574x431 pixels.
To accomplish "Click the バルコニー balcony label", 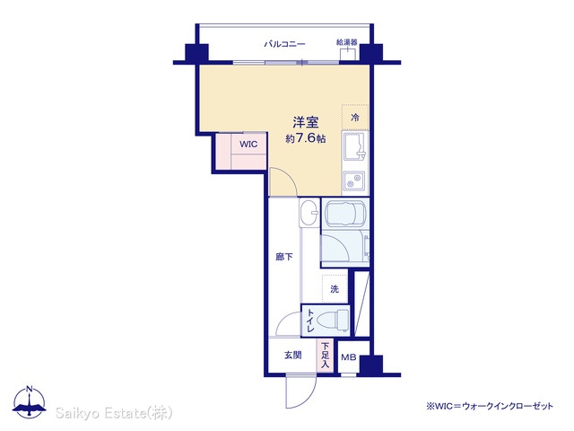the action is (284, 44).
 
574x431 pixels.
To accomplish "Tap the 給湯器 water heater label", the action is (346, 42).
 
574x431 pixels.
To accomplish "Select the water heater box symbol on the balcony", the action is (347, 54).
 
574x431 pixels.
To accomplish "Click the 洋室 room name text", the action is (305, 122).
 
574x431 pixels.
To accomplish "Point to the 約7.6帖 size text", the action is (305, 138).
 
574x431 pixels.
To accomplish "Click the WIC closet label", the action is (248, 144).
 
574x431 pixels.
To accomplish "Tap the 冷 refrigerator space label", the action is (355, 118).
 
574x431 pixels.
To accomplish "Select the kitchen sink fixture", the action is (354, 146).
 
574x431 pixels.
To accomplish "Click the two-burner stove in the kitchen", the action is (353, 181).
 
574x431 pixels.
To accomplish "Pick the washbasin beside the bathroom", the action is (309, 213).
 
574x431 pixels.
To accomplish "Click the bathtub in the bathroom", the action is (344, 214).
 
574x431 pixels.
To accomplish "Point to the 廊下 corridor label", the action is (284, 257).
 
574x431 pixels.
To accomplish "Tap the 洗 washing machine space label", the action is (335, 289).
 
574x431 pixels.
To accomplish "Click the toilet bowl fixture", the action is (334, 320).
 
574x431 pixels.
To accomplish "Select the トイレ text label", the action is (309, 321).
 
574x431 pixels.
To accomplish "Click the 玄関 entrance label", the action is (293, 355).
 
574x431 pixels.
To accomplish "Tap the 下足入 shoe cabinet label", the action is (325, 355).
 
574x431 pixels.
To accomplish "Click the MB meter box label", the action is (349, 357).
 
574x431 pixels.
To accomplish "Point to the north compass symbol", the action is (30, 402).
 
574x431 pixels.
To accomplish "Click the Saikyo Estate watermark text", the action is (114, 413).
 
